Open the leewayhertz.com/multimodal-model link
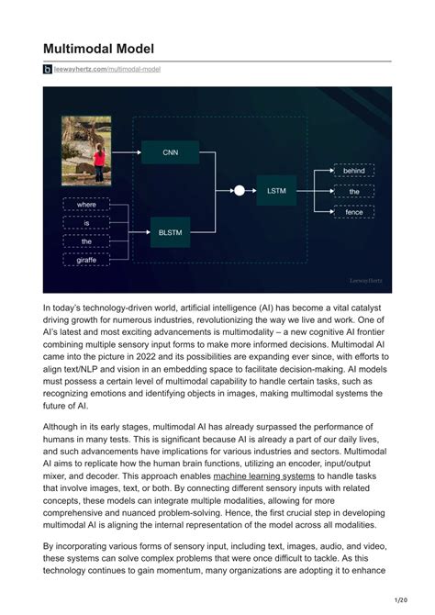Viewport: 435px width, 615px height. click(x=107, y=69)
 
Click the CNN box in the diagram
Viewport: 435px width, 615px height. click(x=170, y=152)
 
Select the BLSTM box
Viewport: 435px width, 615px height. click(x=170, y=232)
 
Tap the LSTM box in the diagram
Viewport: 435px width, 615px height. click(x=276, y=190)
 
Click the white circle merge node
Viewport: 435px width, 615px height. click(x=240, y=190)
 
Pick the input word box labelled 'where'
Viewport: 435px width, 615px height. click(x=86, y=204)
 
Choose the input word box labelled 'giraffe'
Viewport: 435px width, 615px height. click(x=86, y=260)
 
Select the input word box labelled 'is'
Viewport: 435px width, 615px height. click(x=86, y=223)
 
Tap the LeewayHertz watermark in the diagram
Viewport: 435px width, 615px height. click(x=367, y=280)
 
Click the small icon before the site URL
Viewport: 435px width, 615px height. click(x=48, y=69)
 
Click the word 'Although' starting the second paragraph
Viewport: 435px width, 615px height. click(x=65, y=427)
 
